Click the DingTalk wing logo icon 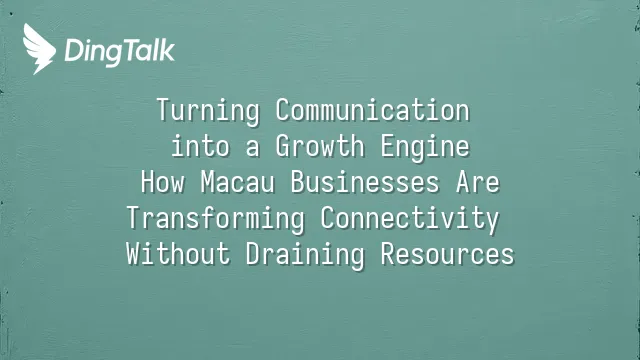click(39, 49)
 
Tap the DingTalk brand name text click(120, 52)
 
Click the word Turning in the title click(208, 111)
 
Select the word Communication click(373, 110)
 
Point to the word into click(200, 147)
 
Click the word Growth click(320, 147)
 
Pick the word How click(162, 182)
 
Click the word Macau click(238, 182)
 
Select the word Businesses click(365, 182)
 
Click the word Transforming click(216, 219)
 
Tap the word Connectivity click(410, 219)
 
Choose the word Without click(178, 254)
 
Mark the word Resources click(448, 254)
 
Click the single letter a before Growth click(253, 149)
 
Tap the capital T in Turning click(164, 109)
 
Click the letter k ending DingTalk click(167, 50)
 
